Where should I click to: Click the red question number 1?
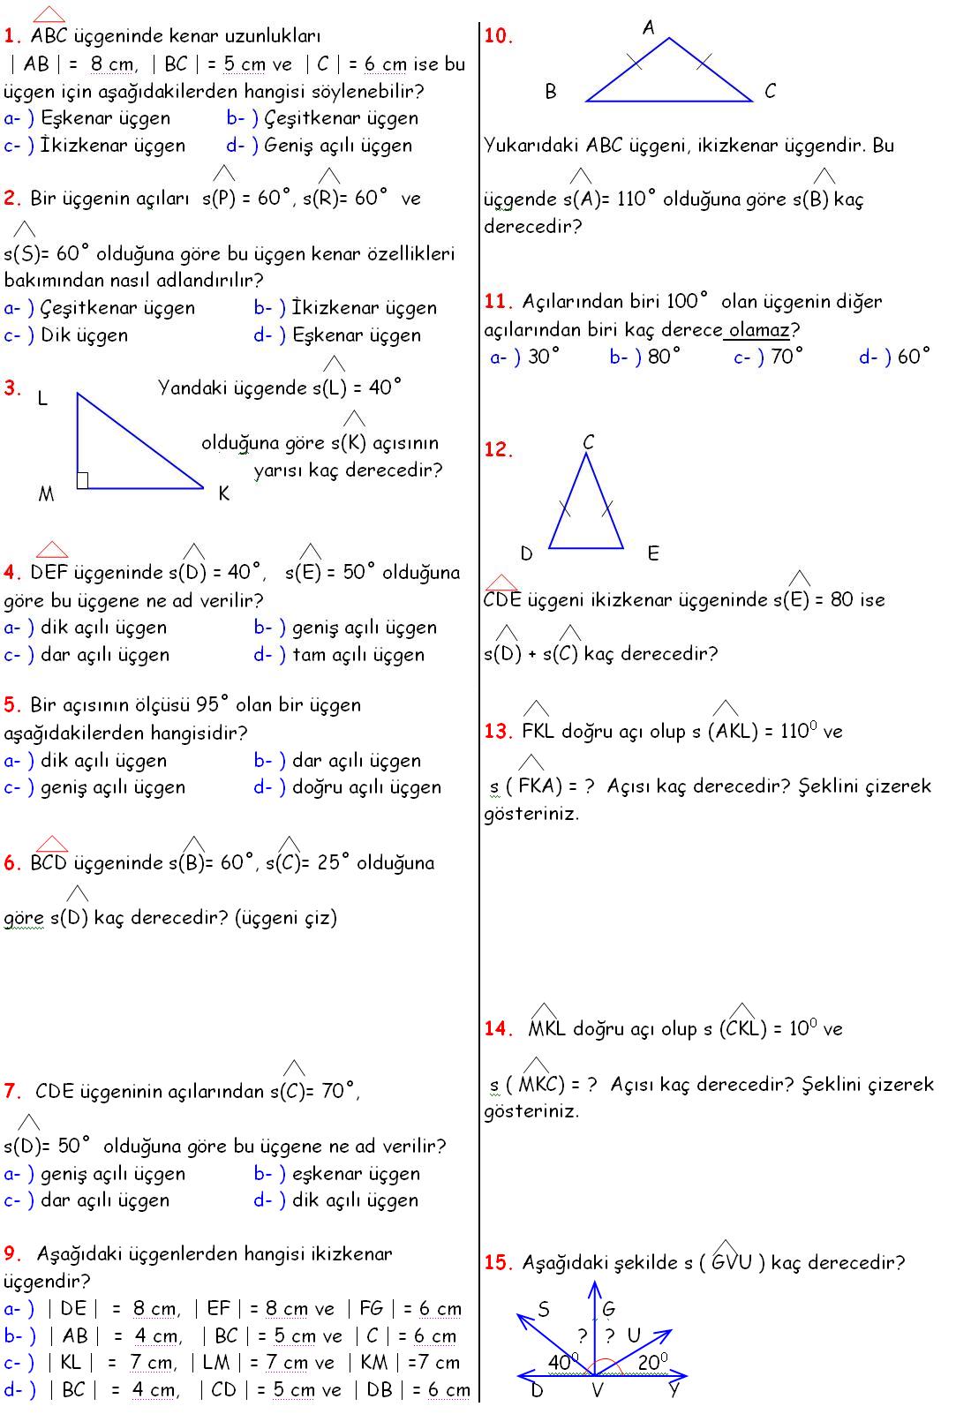(11, 37)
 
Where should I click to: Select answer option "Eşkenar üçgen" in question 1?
(105, 118)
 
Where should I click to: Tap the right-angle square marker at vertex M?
(82, 480)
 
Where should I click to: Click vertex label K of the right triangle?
(223, 493)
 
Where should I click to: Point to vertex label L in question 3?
(41, 399)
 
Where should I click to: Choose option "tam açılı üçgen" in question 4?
(358, 655)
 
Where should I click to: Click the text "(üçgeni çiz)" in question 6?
(286, 918)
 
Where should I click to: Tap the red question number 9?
(11, 1254)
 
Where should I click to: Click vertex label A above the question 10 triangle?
(649, 28)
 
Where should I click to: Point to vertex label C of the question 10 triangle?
(770, 91)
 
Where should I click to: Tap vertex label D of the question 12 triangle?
(527, 554)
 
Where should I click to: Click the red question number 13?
(498, 732)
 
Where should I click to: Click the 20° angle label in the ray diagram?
(652, 1363)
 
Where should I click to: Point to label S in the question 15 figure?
(544, 1309)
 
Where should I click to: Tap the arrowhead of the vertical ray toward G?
(596, 1287)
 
